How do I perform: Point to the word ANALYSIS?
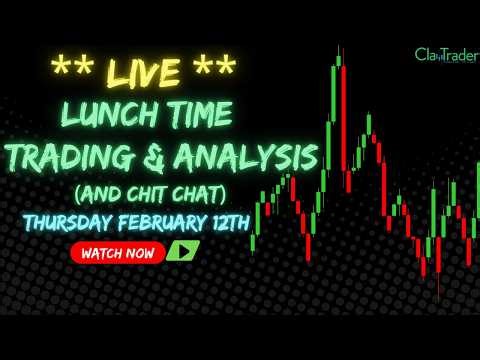[x=248, y=157]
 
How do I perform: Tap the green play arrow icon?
[x=182, y=252]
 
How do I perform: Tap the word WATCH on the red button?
[x=101, y=253]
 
